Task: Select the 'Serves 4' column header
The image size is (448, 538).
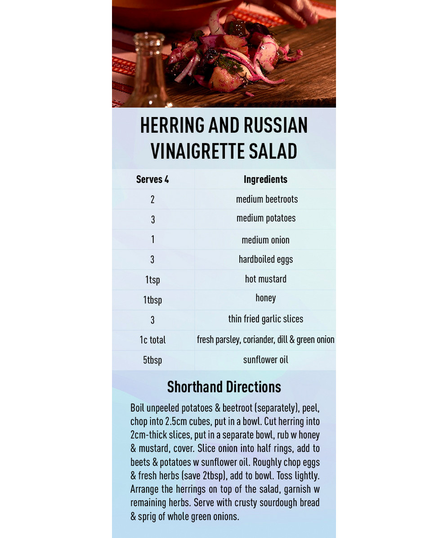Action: [152, 179]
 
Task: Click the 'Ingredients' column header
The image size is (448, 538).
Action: [265, 179]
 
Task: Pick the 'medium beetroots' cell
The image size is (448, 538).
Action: [267, 199]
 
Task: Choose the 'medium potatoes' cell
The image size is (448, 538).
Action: [266, 218]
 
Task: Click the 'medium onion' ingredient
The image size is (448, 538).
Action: [265, 240]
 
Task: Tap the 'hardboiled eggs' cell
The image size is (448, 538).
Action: [265, 259]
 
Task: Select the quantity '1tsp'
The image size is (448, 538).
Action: [152, 280]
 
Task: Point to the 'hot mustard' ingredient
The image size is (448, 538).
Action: [265, 279]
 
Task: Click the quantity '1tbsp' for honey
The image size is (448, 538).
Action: [152, 300]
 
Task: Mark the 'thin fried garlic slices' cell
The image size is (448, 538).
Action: [265, 319]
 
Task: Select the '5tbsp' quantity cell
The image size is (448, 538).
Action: [152, 360]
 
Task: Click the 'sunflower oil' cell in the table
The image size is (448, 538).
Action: [265, 360]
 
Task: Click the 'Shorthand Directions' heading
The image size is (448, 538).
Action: [224, 387]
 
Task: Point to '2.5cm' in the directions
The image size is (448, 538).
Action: [178, 422]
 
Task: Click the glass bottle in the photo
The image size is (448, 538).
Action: [147, 72]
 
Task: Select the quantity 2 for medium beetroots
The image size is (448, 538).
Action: [152, 199]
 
